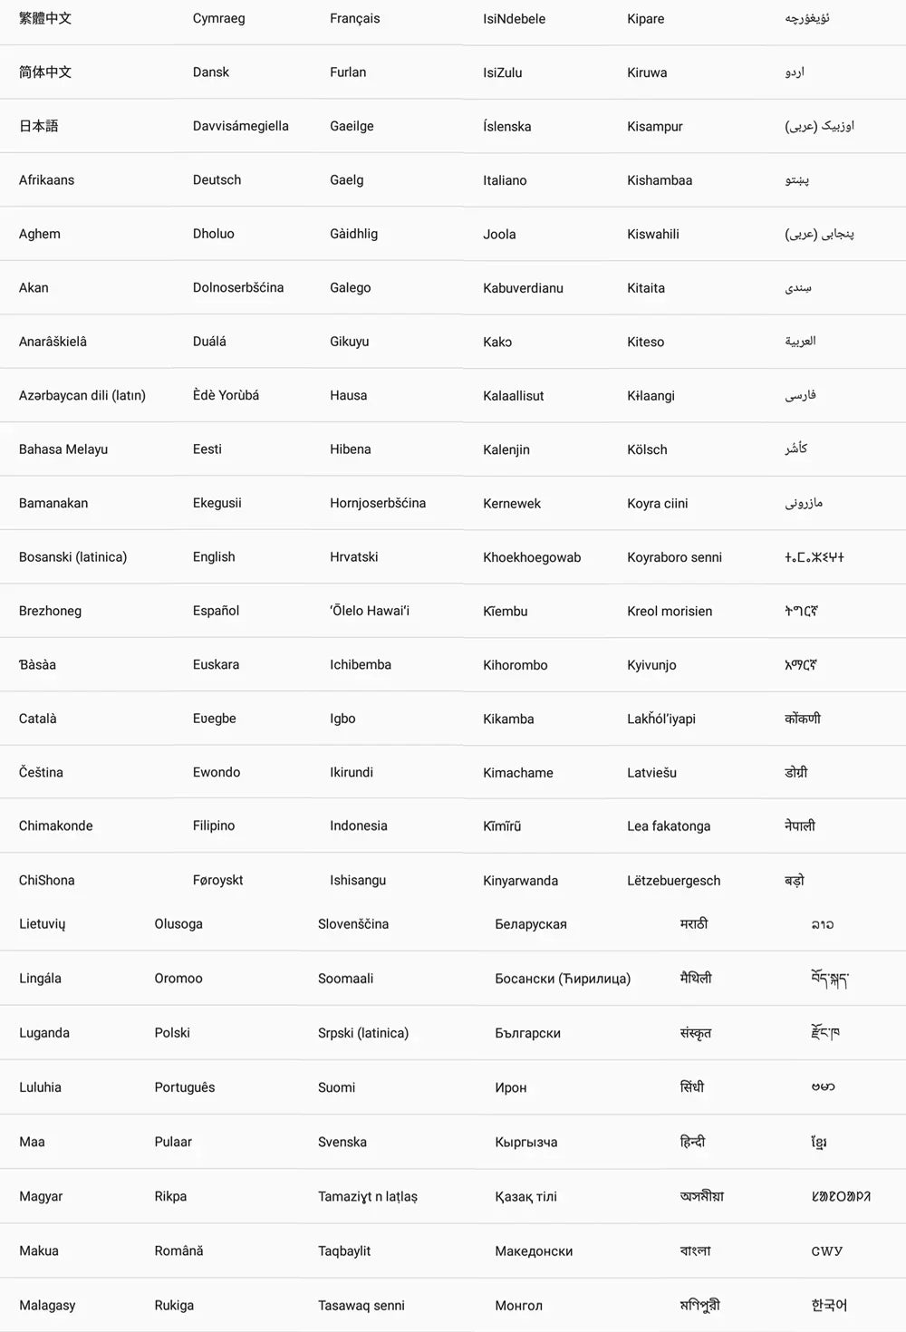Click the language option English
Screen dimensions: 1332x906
214,557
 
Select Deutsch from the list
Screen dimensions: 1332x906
217,180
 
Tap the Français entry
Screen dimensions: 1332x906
354,18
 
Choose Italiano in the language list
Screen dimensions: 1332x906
505,180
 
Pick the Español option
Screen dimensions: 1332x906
216,611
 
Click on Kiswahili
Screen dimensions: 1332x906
652,234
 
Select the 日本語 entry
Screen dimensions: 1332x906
38,126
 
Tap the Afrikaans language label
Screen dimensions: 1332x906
46,180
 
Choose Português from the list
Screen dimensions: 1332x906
184,1087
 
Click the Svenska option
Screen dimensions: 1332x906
342,1142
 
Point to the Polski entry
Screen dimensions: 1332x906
172,1033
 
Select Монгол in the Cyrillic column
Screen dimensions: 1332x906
518,1306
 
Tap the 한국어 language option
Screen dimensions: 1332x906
828,1306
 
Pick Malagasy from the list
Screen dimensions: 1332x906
47,1306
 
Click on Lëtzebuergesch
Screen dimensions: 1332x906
673,881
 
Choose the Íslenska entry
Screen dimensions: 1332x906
506,127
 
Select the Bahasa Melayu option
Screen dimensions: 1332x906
63,449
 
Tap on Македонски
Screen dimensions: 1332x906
534,1251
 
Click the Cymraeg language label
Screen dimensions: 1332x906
218,18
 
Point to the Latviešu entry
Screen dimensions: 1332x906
651,773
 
